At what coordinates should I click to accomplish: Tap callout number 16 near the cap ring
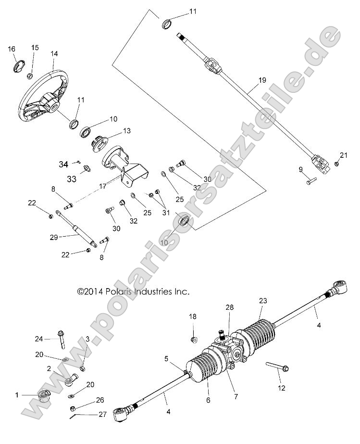pos(12,49)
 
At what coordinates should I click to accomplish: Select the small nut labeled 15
pos(30,76)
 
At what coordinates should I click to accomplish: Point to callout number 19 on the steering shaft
pos(261,80)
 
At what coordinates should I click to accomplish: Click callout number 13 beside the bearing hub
pos(127,130)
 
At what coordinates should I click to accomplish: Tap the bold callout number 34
pos(63,165)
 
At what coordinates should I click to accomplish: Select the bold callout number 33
pos(72,178)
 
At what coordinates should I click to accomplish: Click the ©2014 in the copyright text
pos(87,292)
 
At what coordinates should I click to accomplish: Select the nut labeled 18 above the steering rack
pos(193,340)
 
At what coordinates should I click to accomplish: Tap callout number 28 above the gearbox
pos(229,307)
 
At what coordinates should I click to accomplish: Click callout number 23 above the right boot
pos(262,301)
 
